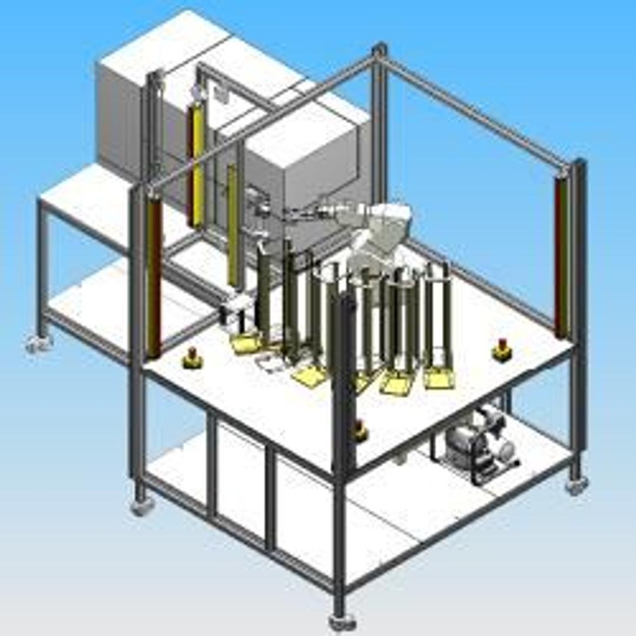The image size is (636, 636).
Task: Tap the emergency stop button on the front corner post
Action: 360,432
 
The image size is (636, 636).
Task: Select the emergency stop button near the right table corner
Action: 502,350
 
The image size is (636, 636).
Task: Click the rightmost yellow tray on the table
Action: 439,377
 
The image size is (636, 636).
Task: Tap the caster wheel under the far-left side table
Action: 39,343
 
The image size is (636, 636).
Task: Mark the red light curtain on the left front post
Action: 154,277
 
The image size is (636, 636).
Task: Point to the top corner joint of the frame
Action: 380,50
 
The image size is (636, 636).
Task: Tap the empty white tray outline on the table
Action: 272,365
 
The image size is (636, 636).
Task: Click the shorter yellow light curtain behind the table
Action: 233,227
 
